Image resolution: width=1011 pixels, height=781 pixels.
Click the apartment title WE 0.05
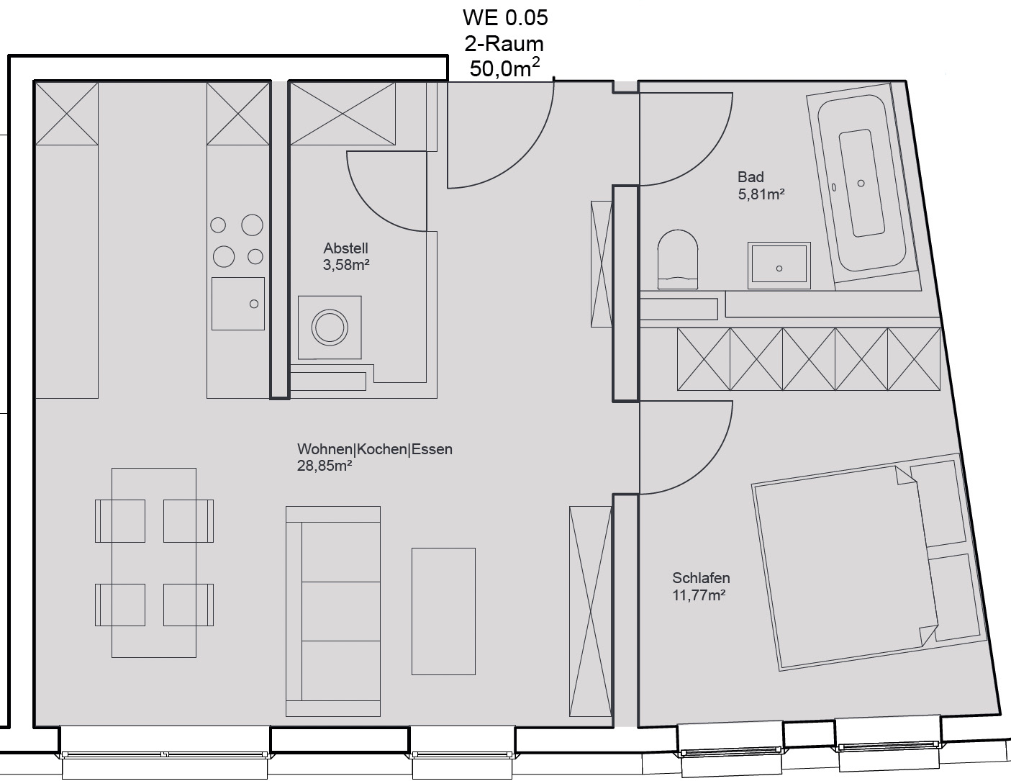505,18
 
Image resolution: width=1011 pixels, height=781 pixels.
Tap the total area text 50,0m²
505,68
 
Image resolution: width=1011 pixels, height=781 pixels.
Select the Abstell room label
345,248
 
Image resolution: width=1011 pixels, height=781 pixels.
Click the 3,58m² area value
346,264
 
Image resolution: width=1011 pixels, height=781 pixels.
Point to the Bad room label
751,177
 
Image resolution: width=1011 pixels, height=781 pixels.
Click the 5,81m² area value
761,194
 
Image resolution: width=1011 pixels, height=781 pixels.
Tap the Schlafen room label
701,578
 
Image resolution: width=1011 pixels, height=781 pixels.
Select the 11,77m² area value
699,595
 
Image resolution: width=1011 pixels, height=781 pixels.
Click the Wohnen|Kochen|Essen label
374,449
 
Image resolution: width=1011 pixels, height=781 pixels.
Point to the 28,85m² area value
325,466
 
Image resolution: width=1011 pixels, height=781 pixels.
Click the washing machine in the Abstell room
330,328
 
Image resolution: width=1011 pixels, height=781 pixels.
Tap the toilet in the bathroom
677,260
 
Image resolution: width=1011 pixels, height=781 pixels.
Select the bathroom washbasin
779,266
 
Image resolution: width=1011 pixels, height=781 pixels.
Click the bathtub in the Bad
862,184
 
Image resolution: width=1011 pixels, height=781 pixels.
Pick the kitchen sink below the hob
237,304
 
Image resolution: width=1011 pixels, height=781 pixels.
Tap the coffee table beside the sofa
443,611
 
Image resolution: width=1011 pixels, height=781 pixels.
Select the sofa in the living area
333,611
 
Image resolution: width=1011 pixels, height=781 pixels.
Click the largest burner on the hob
252,225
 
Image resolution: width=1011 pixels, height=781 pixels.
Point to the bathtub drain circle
861,184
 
